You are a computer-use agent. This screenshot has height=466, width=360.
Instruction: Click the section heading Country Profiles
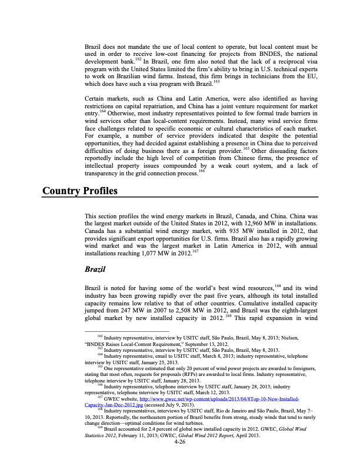click(80, 191)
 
